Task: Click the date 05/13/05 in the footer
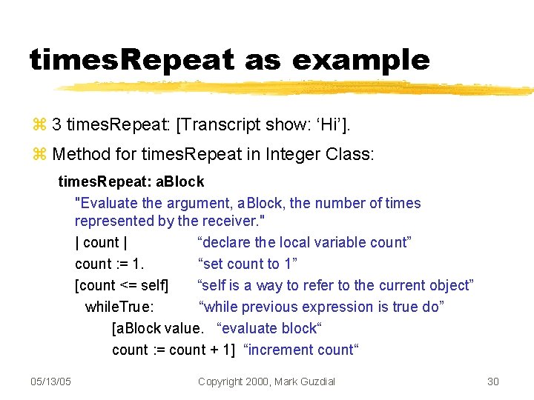coord(50,381)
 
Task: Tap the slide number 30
coord(493,381)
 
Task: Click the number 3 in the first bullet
coord(56,124)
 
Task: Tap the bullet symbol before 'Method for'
coord(39,154)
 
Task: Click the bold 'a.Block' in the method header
coord(180,181)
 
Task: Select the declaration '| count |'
coord(101,242)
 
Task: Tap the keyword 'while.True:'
coord(119,307)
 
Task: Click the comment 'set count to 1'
coord(247,264)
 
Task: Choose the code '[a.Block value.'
coord(157,328)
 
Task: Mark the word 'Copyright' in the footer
coord(223,381)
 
